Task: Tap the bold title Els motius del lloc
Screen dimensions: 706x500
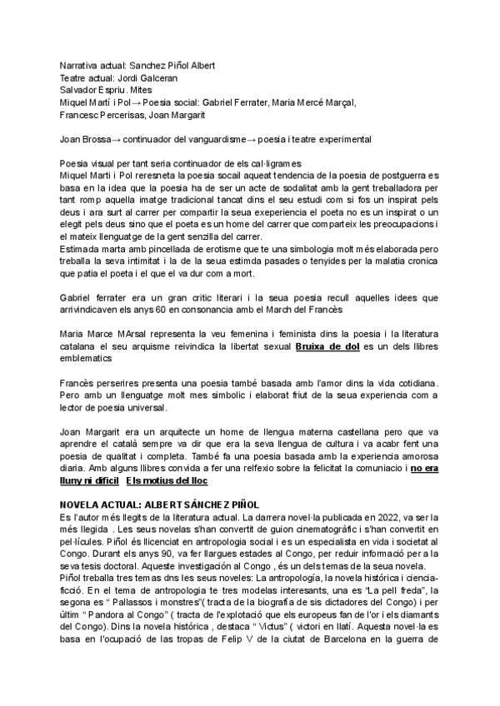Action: click(167, 481)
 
